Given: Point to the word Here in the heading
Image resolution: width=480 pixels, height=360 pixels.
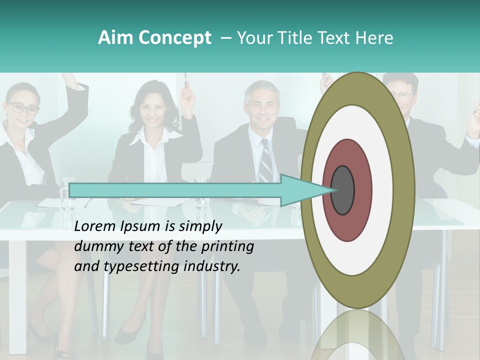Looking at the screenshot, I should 374,38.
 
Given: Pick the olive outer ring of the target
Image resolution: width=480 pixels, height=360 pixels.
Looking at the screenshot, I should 358,88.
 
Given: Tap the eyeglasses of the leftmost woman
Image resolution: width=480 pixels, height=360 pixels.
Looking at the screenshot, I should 22,107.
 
